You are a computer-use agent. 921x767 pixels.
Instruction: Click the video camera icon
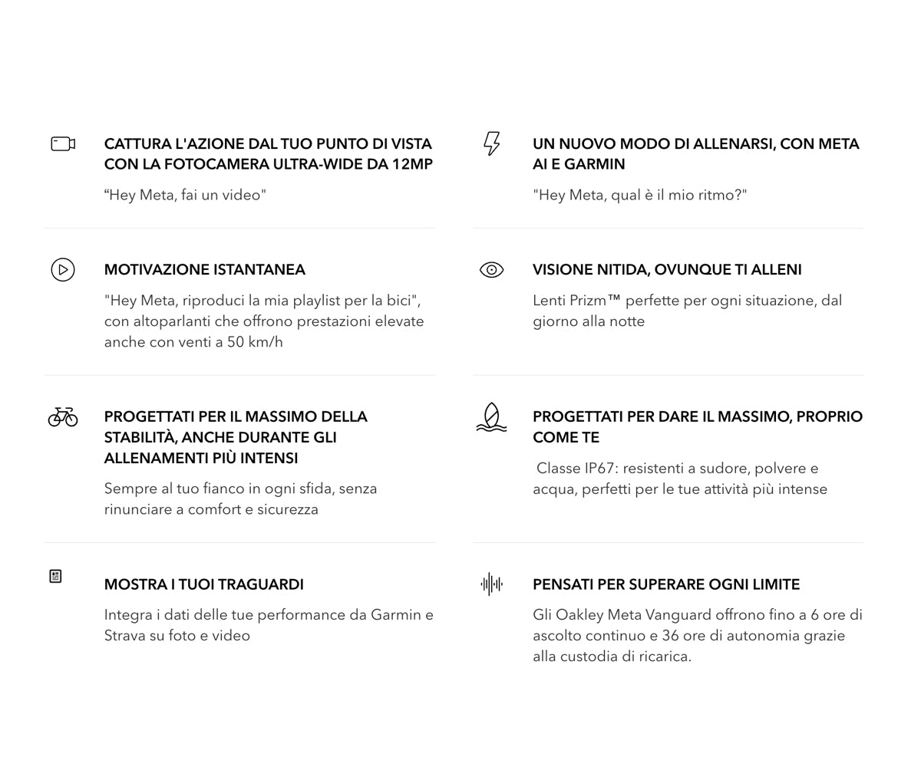tap(63, 143)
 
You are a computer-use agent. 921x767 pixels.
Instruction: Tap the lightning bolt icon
tap(491, 143)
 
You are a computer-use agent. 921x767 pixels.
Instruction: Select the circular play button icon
tap(63, 270)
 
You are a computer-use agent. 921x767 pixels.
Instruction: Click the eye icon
tap(491, 270)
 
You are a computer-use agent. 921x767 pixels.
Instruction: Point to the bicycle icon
tap(63, 416)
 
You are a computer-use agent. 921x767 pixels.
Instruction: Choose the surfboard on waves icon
tap(491, 418)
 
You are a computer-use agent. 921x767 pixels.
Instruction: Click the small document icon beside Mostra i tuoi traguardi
tap(55, 576)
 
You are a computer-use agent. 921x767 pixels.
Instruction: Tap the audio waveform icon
tap(491, 584)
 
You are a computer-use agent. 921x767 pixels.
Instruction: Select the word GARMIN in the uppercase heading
tap(595, 164)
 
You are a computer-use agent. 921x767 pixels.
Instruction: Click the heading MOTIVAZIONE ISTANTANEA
tap(205, 270)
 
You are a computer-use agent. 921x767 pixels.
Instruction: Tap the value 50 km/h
tap(255, 342)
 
